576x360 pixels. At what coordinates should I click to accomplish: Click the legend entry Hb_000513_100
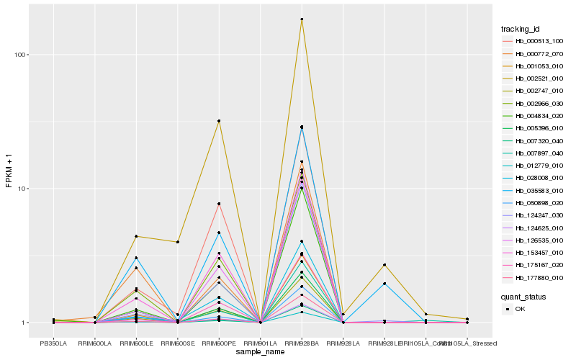(x=539, y=41)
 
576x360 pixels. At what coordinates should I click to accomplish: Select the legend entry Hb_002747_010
(x=539, y=91)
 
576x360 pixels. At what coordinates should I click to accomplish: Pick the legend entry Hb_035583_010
(x=539, y=190)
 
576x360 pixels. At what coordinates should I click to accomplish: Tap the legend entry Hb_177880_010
(x=539, y=277)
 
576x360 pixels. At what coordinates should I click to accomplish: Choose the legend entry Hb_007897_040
(x=539, y=153)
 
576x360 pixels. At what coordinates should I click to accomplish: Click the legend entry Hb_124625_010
(x=539, y=228)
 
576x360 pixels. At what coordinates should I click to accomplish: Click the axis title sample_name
(x=260, y=352)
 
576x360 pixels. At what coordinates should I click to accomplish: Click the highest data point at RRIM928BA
(x=302, y=19)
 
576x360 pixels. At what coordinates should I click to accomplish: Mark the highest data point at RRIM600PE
(x=219, y=121)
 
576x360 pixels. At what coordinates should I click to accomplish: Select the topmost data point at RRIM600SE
(x=177, y=242)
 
